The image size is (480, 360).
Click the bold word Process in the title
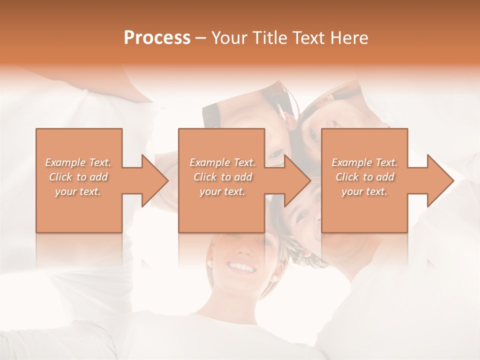click(157, 38)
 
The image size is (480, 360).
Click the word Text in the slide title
click(308, 38)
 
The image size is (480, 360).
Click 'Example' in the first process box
click(65, 162)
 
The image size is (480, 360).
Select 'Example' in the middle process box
click(209, 162)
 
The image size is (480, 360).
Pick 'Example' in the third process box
click(351, 162)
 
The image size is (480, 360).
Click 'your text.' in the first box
click(78, 191)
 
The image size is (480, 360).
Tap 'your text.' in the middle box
click(222, 191)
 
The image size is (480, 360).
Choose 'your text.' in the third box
click(364, 191)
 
